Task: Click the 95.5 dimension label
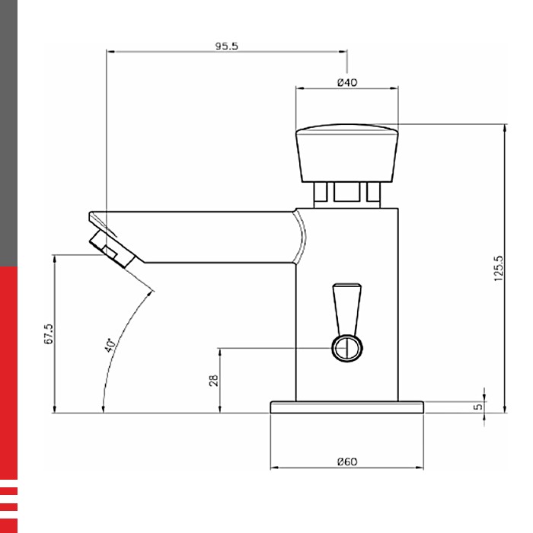(227, 46)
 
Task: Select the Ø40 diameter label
(347, 82)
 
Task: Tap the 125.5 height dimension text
(498, 268)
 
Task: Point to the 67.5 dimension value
(49, 334)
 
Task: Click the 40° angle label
(110, 345)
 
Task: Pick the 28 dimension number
(213, 381)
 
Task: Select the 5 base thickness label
(478, 406)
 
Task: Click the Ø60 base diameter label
(347, 461)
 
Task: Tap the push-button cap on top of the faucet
(347, 153)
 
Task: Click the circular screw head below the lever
(347, 349)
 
